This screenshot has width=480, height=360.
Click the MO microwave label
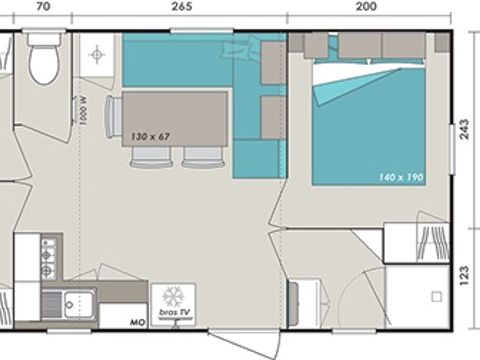(x=137, y=322)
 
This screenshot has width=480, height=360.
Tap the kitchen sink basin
(x=73, y=300)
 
